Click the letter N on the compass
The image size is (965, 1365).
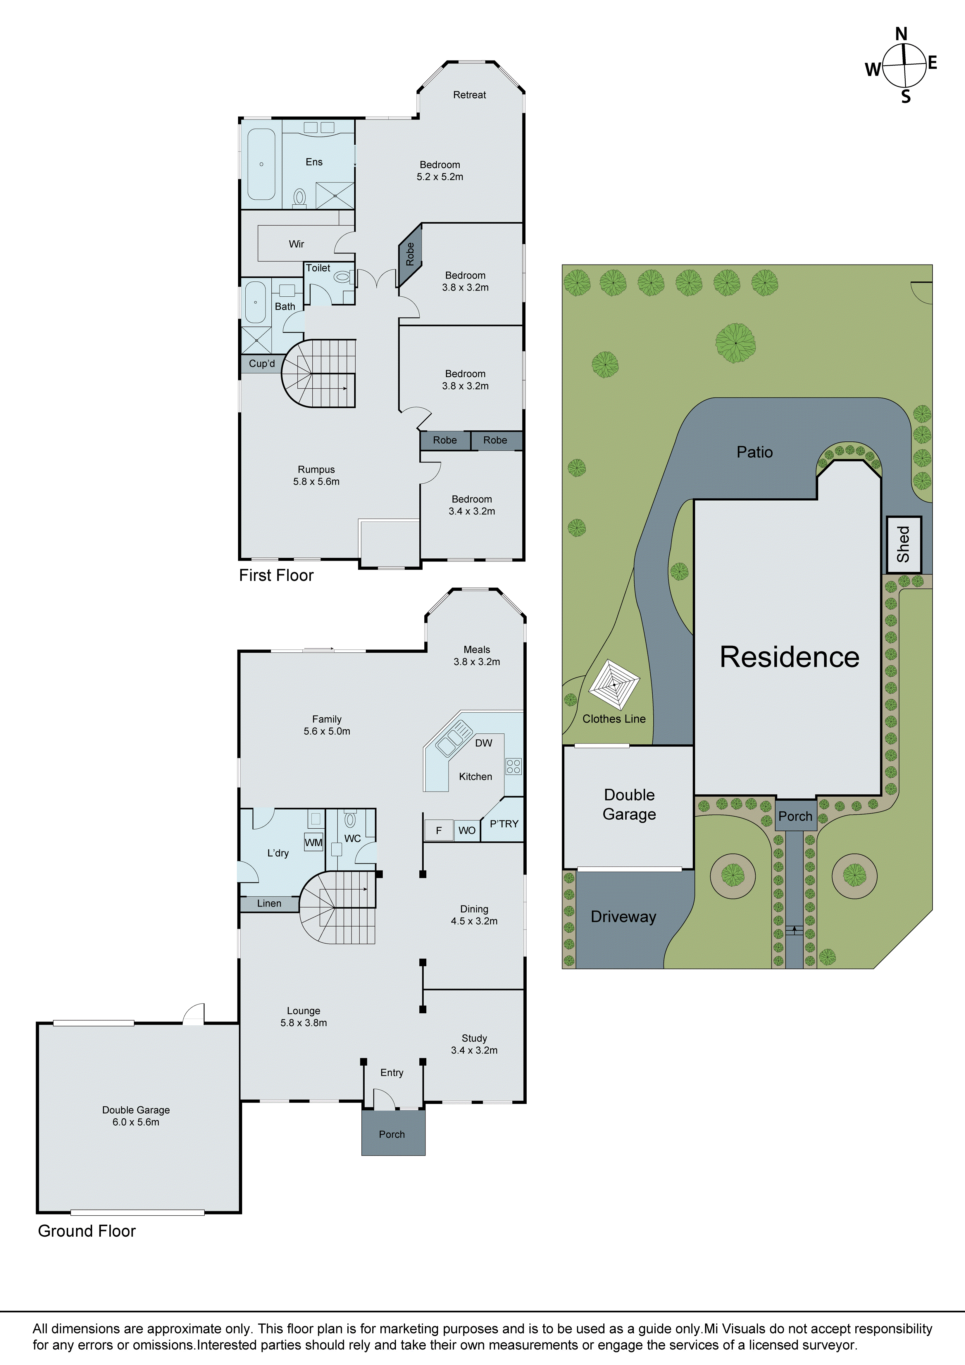pyautogui.click(x=901, y=34)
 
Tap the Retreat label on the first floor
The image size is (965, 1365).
pyautogui.click(x=469, y=95)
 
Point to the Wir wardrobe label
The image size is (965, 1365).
pyautogui.click(x=296, y=244)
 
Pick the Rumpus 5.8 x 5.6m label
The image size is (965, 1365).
pyautogui.click(x=316, y=476)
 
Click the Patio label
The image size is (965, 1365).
pyautogui.click(x=754, y=452)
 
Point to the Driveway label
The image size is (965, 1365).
pyautogui.click(x=623, y=917)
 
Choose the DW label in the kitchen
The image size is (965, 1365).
pyautogui.click(x=484, y=743)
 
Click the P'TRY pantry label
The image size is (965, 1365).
pyautogui.click(x=504, y=824)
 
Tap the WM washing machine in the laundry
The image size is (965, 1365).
pyautogui.click(x=313, y=842)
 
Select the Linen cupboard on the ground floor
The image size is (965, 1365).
pyautogui.click(x=269, y=904)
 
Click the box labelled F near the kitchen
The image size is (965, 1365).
pyautogui.click(x=438, y=830)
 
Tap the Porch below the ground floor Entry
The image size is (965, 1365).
pyautogui.click(x=392, y=1134)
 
